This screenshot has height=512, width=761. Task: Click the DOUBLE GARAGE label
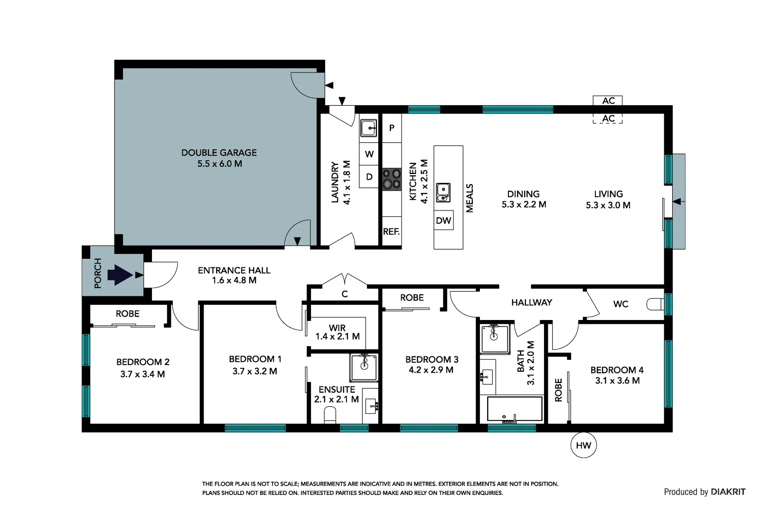point(219,153)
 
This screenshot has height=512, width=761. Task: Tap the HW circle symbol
point(583,445)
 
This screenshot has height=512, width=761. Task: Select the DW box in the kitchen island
point(443,220)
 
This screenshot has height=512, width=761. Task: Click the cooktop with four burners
point(392,179)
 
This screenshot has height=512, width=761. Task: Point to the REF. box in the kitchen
point(392,232)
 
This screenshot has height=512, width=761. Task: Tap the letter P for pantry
point(392,128)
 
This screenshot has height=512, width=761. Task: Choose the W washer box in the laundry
point(369,154)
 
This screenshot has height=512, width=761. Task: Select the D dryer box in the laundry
point(369,177)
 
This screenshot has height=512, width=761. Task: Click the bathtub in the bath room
point(515,410)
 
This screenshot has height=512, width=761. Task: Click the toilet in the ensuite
point(329,417)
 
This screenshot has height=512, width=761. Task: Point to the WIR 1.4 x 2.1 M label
point(338,332)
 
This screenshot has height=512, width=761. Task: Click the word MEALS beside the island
point(470,198)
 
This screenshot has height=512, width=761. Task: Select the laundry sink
point(368,128)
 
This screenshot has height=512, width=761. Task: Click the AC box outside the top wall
point(608,101)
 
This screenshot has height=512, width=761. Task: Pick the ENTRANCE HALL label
point(234,271)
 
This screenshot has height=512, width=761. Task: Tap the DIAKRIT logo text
point(728,492)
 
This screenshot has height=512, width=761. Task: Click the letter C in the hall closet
point(345,294)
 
